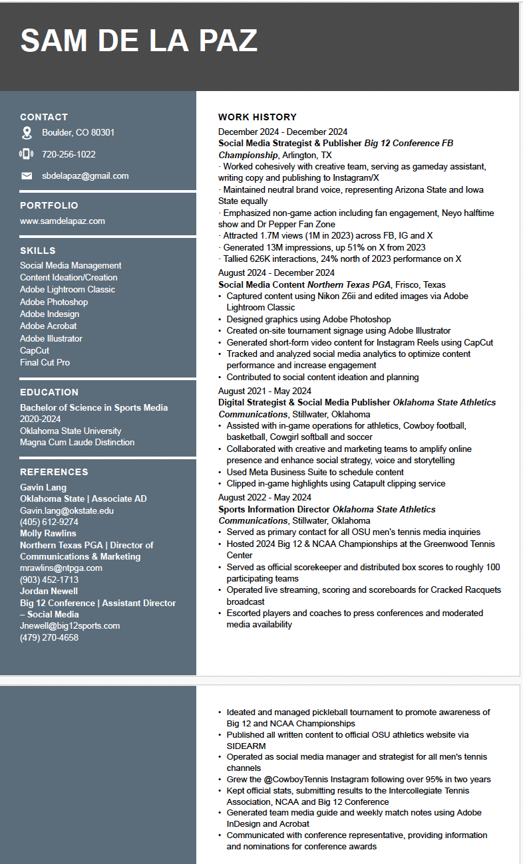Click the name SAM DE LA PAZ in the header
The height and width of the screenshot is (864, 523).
click(x=138, y=41)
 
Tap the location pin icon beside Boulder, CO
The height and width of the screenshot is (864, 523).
click(x=27, y=133)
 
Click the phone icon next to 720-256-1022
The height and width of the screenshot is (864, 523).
click(x=27, y=154)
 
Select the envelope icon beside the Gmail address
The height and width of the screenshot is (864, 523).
click(x=27, y=176)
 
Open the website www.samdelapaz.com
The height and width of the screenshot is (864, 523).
click(x=63, y=221)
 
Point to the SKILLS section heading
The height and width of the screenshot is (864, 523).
click(x=38, y=251)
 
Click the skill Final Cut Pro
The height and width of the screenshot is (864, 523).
click(x=45, y=362)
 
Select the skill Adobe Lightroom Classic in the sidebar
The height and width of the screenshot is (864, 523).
click(x=67, y=289)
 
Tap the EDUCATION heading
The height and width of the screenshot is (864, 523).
click(x=49, y=392)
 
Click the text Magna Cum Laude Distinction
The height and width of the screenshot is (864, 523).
click(x=77, y=442)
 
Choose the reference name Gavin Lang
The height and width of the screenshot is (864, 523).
click(x=43, y=487)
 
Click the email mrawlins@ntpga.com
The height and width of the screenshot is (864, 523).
click(x=61, y=568)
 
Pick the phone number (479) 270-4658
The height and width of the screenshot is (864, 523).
click(x=49, y=637)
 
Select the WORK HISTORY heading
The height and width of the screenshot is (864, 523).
click(x=258, y=117)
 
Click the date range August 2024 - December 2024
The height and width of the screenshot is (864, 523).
click(x=276, y=272)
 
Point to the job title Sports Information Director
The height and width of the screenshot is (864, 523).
click(x=274, y=509)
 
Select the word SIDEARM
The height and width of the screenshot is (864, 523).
click(x=247, y=746)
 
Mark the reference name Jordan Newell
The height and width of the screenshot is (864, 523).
click(x=49, y=591)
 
